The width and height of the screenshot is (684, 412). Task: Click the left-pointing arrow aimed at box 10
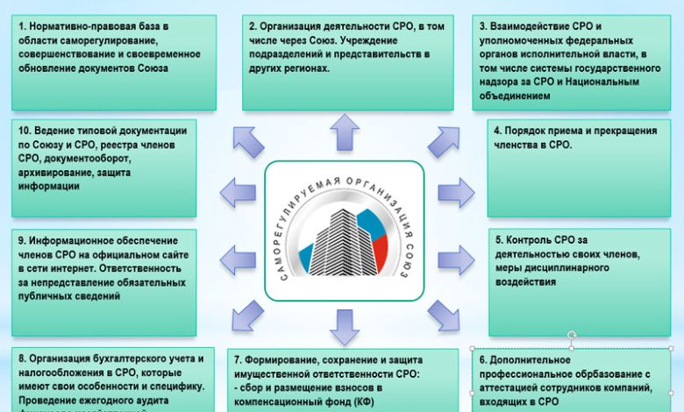[238, 191]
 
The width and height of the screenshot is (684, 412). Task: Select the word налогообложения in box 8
[65, 372]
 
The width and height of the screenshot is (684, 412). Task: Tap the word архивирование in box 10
[56, 172]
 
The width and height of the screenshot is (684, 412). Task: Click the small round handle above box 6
[573, 334]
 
